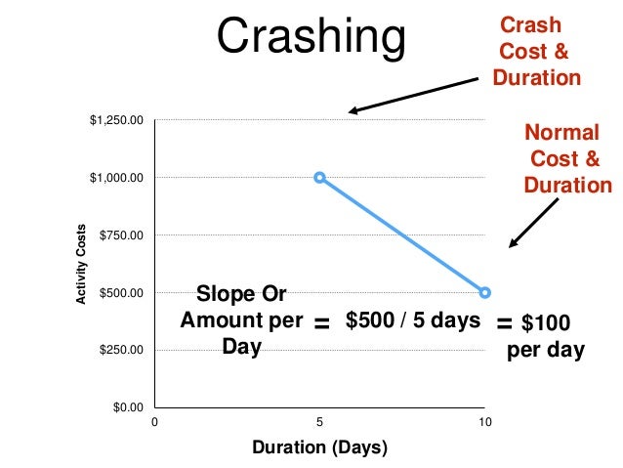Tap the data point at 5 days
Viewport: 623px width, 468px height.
pos(319,178)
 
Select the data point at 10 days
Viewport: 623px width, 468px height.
pos(485,292)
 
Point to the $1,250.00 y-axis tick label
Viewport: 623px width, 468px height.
pos(116,120)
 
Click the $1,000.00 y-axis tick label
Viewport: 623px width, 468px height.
pos(116,178)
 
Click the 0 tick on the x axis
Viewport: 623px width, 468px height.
pos(153,424)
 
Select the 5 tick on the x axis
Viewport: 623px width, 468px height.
pos(319,424)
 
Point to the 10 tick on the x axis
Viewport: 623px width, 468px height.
pos(485,424)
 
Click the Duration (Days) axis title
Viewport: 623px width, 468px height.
pos(319,448)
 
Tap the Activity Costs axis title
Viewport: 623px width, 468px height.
pos(86,264)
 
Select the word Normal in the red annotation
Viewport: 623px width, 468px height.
pos(561,132)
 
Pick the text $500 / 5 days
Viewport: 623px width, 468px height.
pos(413,320)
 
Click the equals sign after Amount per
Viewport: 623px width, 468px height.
pos(321,323)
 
